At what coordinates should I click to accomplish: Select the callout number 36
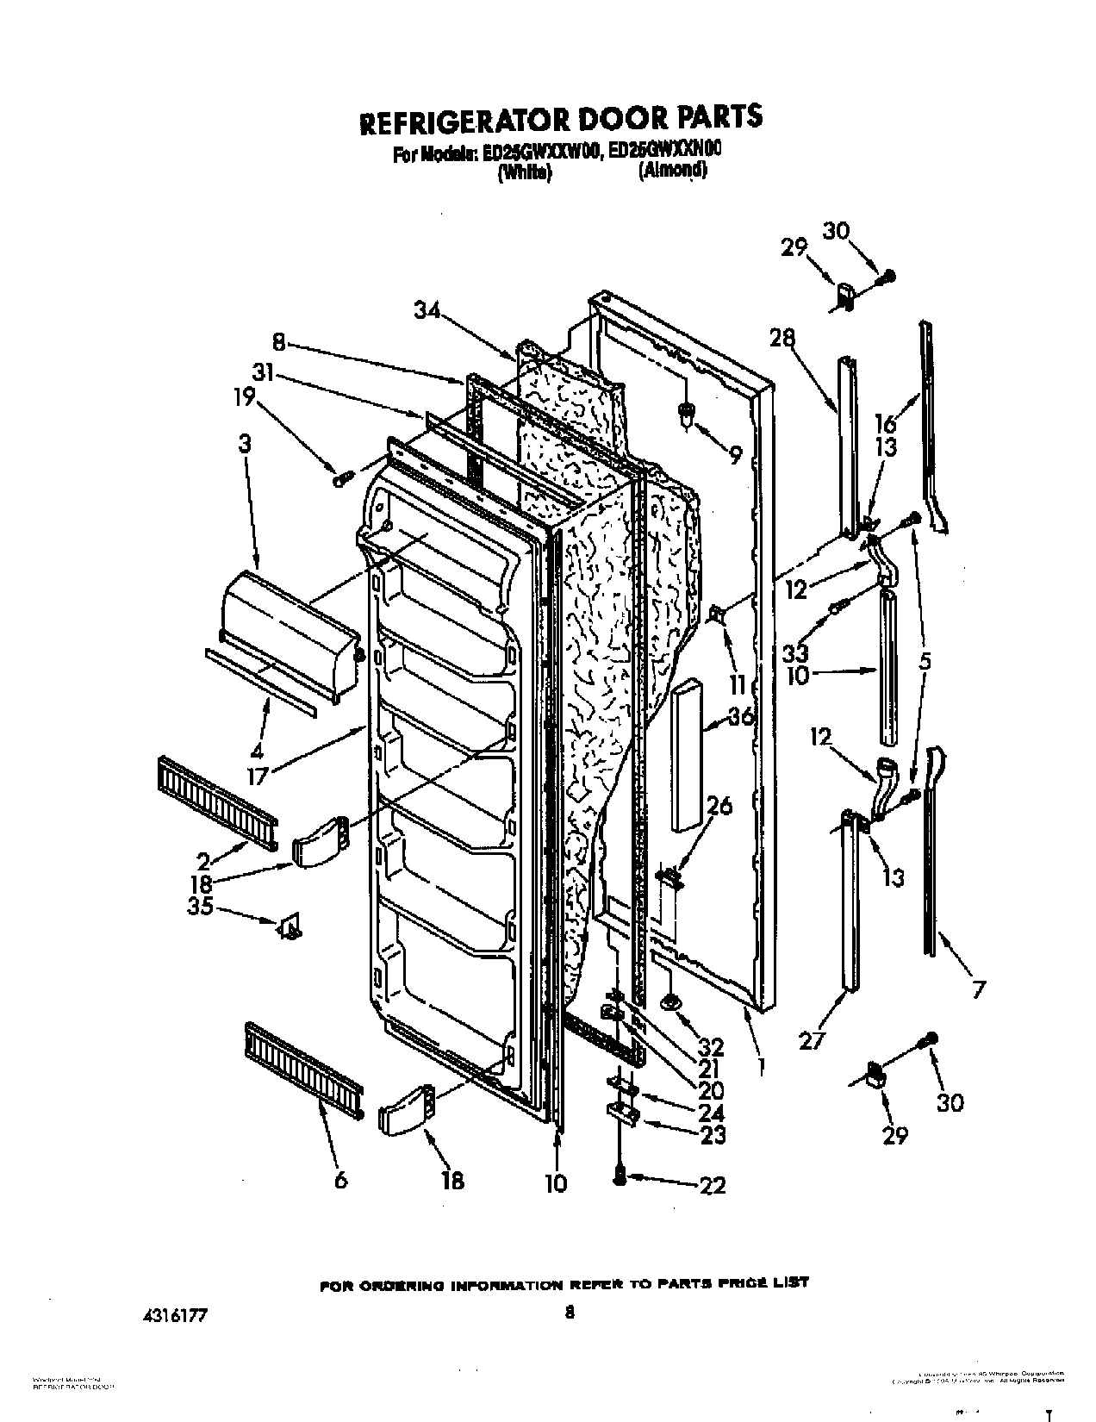pyautogui.click(x=740, y=716)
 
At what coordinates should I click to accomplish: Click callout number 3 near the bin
pyautogui.click(x=245, y=445)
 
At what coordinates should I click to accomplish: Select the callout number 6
pyautogui.click(x=340, y=1180)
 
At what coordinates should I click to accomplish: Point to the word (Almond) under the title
pyautogui.click(x=673, y=171)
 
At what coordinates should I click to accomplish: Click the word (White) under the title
pyautogui.click(x=524, y=172)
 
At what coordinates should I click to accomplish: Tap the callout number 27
pyautogui.click(x=812, y=1041)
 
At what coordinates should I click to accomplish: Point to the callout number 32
pyautogui.click(x=712, y=1047)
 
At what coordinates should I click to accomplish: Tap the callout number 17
pyautogui.click(x=257, y=775)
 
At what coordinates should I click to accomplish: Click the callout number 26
pyautogui.click(x=719, y=807)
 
